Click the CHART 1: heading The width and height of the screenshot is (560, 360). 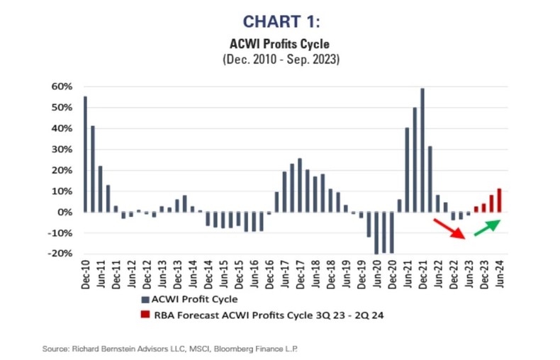[x=280, y=23]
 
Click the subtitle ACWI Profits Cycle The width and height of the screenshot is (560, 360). [x=280, y=45]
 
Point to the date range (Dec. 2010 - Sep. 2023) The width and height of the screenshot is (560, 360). [x=280, y=60]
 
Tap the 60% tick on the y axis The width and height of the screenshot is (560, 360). [x=61, y=86]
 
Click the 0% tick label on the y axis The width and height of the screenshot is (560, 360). [x=65, y=212]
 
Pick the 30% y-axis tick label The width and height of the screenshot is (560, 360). [x=61, y=150]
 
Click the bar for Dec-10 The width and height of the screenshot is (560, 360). [x=85, y=154]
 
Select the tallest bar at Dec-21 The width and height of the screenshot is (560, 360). [x=422, y=150]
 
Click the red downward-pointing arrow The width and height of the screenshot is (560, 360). [x=449, y=228]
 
